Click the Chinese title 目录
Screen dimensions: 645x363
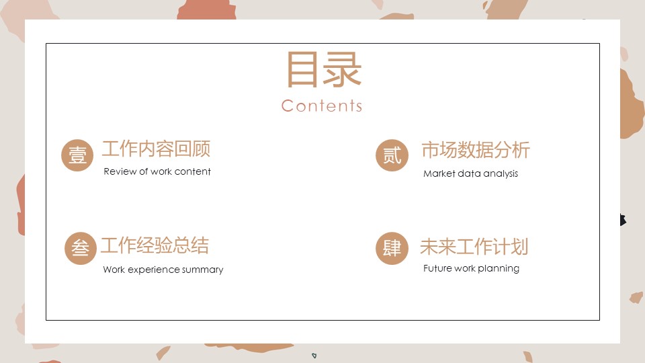pos(324,69)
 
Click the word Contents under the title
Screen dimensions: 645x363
pos(322,106)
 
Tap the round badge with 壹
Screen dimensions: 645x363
pos(77,155)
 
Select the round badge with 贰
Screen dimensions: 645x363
pos(392,155)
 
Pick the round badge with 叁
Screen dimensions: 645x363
pos(81,248)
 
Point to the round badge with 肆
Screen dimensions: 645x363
pos(392,248)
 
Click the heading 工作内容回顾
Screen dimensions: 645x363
pos(157,149)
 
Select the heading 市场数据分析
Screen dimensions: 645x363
pos(476,150)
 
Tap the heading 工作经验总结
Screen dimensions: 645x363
pos(155,246)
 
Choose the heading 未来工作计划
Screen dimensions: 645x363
pos(474,247)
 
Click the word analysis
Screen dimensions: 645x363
pos(501,174)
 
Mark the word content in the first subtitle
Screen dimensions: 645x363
pos(193,171)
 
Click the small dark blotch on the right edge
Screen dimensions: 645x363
pos(623,220)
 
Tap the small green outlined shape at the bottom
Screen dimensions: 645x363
pos(314,356)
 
